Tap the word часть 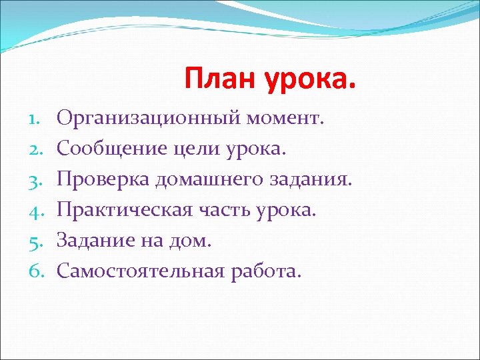pyautogui.click(x=220, y=210)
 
